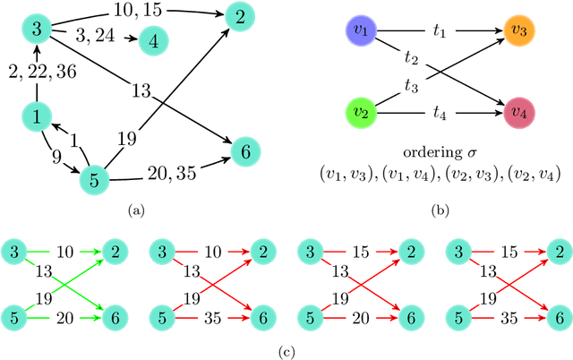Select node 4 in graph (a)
154,40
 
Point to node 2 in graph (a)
238,15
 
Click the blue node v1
362,33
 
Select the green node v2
362,115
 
